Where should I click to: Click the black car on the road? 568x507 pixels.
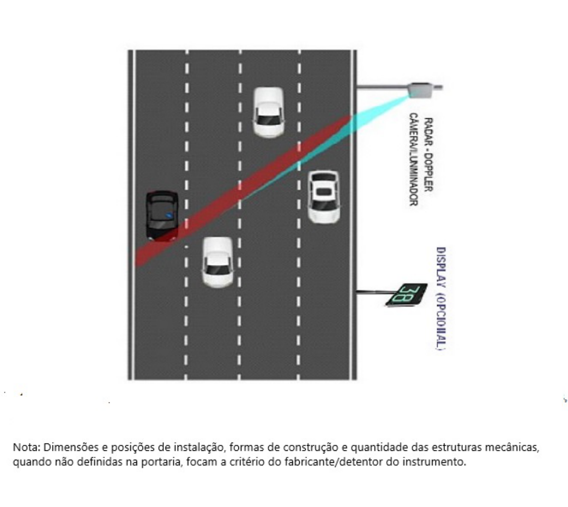162,216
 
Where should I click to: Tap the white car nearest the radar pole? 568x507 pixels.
268,112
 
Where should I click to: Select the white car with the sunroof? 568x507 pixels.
324,197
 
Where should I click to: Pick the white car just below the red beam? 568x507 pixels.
218,262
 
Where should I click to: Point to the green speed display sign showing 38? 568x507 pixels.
407,295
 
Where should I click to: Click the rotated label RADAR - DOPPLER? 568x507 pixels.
429,154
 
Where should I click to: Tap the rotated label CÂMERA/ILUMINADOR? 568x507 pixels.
414,159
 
